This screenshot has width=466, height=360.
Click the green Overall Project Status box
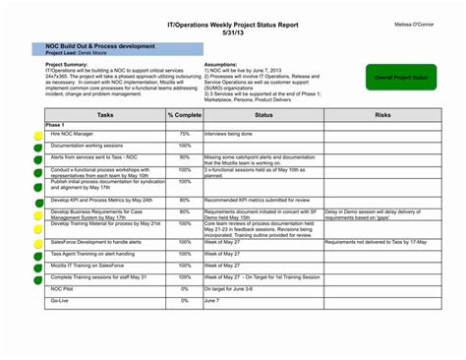pos(400,76)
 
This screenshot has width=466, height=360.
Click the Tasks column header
pos(105,115)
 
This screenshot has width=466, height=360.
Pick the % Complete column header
pos(184,115)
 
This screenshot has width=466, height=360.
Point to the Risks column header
pos(382,115)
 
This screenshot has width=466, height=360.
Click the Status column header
pos(262,115)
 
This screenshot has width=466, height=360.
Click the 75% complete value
pos(184,133)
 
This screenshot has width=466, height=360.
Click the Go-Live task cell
pos(61,300)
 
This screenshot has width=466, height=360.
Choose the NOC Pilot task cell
pos(63,289)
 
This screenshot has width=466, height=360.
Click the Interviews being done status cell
pos(229,133)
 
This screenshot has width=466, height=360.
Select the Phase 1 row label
pos(56,125)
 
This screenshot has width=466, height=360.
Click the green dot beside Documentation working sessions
pos(37,146)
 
